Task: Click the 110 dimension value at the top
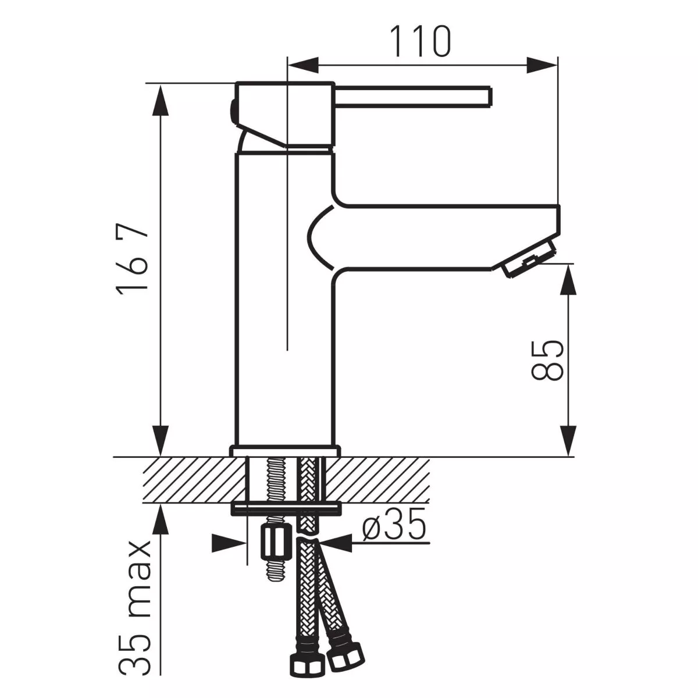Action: click(420, 41)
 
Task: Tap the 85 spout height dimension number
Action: click(547, 361)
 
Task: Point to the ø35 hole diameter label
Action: click(394, 528)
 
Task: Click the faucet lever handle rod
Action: click(413, 97)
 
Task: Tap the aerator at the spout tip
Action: click(527, 261)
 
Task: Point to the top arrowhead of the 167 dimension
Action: click(161, 102)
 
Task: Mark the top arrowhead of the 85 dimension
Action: click(568, 282)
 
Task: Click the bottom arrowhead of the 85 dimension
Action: click(568, 439)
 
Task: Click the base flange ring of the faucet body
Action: click(284, 451)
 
